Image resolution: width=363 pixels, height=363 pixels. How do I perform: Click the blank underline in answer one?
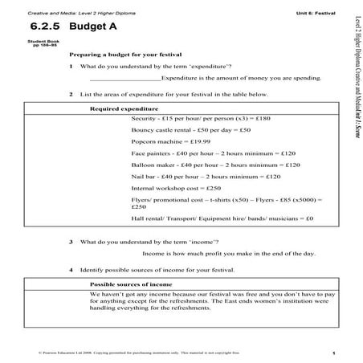[x=125, y=79]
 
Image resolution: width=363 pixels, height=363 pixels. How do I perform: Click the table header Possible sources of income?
[x=128, y=284]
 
